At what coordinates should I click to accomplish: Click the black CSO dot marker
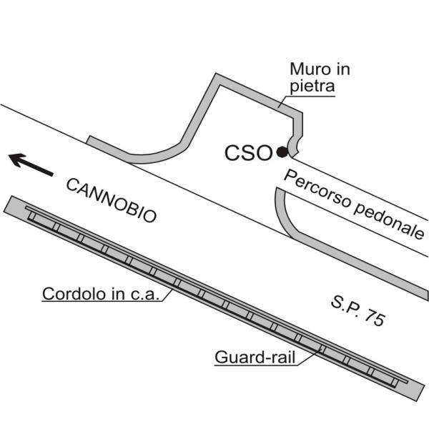(282, 152)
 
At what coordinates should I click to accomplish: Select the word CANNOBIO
(111, 200)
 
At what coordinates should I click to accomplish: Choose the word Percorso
(315, 189)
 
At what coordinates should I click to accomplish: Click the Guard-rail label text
(254, 357)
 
